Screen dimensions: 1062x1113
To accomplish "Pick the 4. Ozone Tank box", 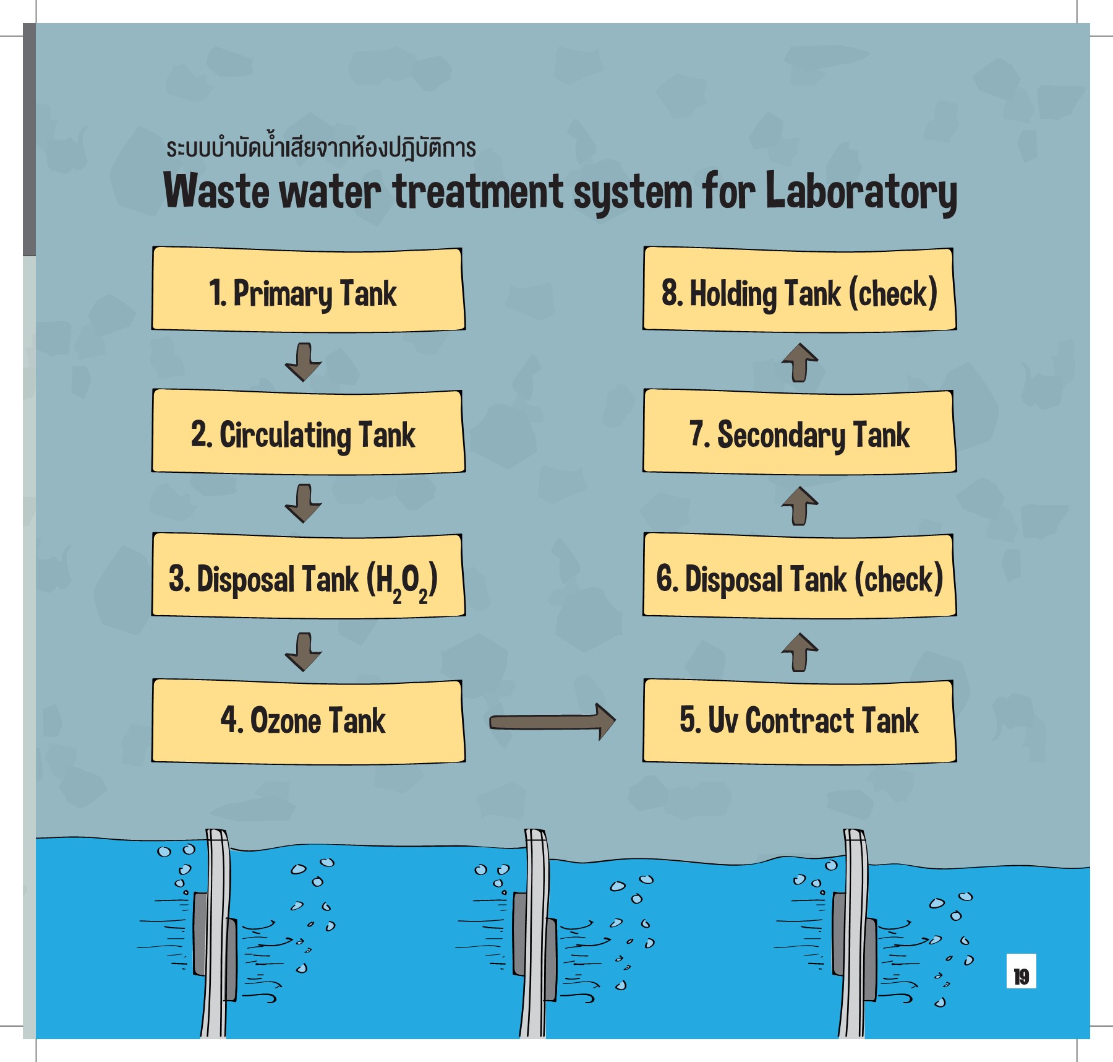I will pos(308,721).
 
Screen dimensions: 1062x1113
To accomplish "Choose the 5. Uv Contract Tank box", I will pos(799,721).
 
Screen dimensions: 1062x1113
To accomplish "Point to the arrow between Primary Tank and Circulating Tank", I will pos(303,362).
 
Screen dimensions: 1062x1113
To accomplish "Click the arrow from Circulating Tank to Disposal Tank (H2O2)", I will pos(303,504).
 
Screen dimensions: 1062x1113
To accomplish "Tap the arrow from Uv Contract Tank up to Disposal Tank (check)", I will pos(800,652).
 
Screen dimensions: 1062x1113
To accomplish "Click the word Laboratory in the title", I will pos(861,192).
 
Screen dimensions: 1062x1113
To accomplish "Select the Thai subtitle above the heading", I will pos(321,147).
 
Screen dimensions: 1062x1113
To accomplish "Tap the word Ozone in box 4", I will pos(285,721).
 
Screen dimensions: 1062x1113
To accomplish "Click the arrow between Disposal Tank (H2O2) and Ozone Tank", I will pos(303,652).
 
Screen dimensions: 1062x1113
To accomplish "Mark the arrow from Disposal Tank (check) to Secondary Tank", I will pos(800,506).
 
